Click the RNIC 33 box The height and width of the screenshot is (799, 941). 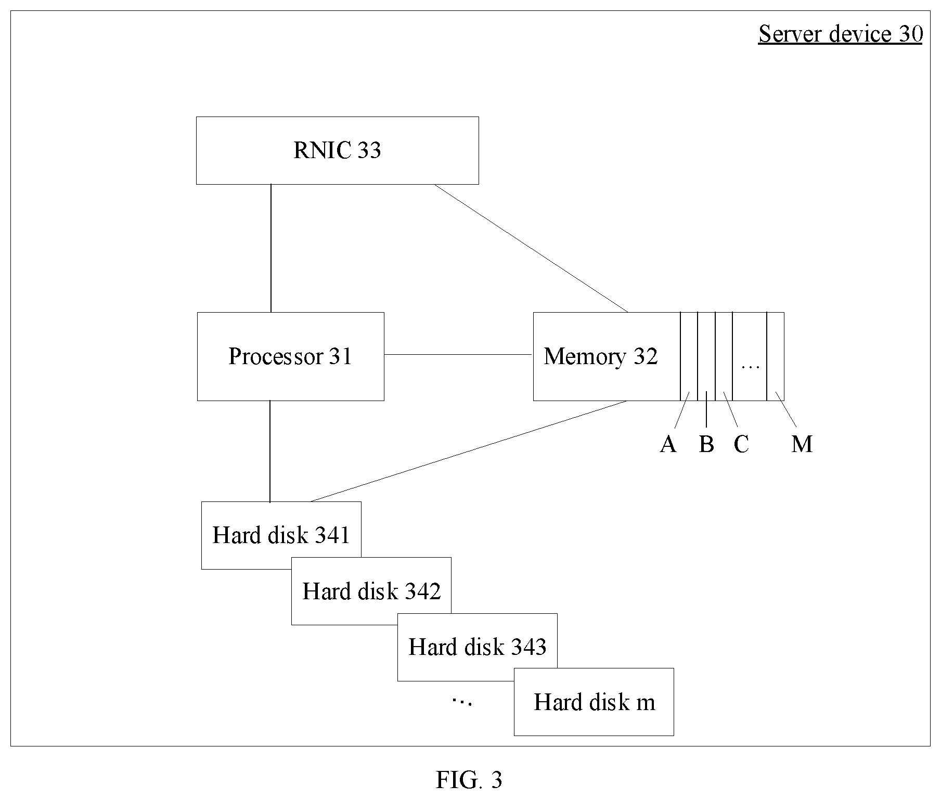[337, 150]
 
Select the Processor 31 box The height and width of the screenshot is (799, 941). [290, 356]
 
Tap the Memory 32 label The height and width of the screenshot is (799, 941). [601, 356]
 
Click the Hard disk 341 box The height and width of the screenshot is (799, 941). [281, 535]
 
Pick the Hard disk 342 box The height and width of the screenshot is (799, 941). [371, 591]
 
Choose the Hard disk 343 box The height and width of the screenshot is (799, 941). [478, 647]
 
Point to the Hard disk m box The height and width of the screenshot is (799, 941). [594, 702]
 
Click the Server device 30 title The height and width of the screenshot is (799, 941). [841, 34]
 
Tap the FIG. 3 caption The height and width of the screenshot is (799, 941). [469, 780]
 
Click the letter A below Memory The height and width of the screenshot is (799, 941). [668, 444]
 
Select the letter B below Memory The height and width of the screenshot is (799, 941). [706, 444]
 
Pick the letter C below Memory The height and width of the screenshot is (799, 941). [741, 444]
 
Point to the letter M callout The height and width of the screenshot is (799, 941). [802, 444]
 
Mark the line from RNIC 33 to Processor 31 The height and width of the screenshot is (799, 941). [270, 248]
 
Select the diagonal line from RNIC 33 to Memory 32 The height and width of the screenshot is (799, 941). [531, 248]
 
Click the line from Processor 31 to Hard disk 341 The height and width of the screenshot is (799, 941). [270, 451]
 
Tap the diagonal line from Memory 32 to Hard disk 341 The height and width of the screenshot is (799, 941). [469, 451]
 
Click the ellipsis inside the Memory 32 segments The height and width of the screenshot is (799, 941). [750, 367]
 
